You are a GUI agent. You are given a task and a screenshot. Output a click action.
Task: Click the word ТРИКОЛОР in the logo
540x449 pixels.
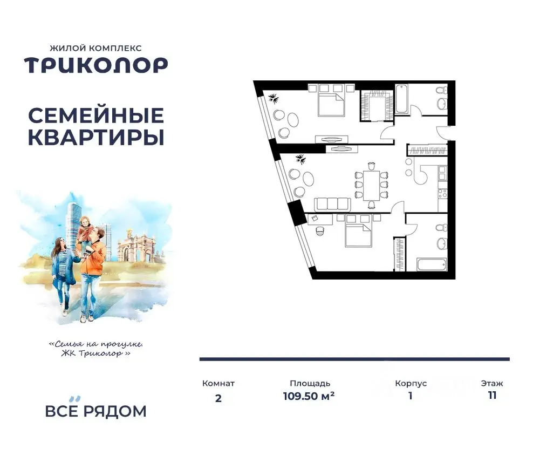point(95,65)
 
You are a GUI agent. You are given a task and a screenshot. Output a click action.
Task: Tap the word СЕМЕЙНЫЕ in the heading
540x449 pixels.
point(95,115)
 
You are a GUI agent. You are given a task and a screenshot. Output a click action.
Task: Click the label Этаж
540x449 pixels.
point(491,383)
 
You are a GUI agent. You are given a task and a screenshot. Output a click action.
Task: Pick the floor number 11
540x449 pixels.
point(491,395)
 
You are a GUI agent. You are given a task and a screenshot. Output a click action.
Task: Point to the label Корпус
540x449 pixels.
point(411,383)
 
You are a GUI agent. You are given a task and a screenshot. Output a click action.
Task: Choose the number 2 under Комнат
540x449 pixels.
point(218,399)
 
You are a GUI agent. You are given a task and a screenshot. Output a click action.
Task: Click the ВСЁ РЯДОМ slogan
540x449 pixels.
point(95,411)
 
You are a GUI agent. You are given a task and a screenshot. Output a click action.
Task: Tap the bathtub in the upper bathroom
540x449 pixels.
point(402,99)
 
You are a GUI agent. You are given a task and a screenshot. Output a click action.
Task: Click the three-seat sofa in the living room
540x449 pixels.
point(332,204)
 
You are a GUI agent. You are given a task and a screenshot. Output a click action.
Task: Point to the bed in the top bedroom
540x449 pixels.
point(330,103)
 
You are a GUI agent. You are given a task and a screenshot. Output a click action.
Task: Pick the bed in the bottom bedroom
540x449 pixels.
point(357,233)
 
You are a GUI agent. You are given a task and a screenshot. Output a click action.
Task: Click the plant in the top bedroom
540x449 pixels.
point(274,99)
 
